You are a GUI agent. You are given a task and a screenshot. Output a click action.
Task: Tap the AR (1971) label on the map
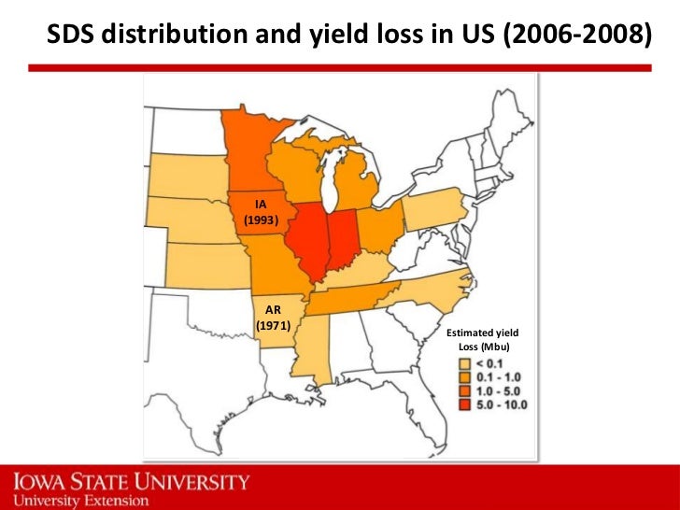(274, 317)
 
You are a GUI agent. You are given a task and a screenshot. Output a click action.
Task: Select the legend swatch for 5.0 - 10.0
(462, 404)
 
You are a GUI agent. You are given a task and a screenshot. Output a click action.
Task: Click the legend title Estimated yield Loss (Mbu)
(482, 340)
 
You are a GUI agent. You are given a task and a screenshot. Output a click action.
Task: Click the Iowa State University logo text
(132, 483)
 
